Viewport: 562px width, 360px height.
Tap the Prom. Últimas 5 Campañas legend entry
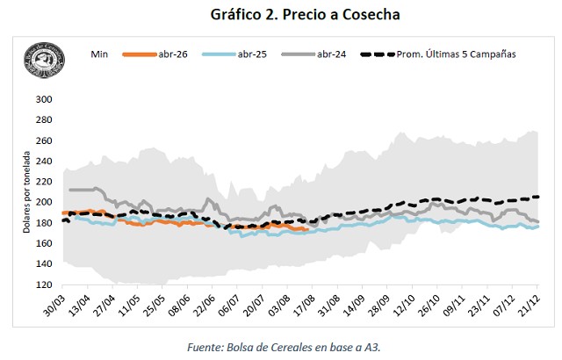click(457, 54)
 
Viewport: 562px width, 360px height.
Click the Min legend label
click(99, 54)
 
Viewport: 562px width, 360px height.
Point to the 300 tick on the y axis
click(44, 99)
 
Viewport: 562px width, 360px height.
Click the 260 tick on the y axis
click(44, 140)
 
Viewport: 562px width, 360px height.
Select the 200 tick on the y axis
click(44, 202)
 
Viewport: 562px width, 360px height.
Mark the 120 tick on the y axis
click(44, 285)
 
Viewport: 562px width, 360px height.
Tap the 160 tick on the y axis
click(44, 244)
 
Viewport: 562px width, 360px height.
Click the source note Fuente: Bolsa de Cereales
click(281, 348)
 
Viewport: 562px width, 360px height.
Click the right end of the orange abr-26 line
click(306, 230)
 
